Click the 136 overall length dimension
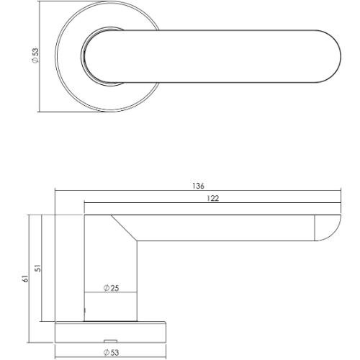[x=198, y=186]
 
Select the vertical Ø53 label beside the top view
[x=35, y=57]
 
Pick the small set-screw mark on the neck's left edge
[x=86, y=311]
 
